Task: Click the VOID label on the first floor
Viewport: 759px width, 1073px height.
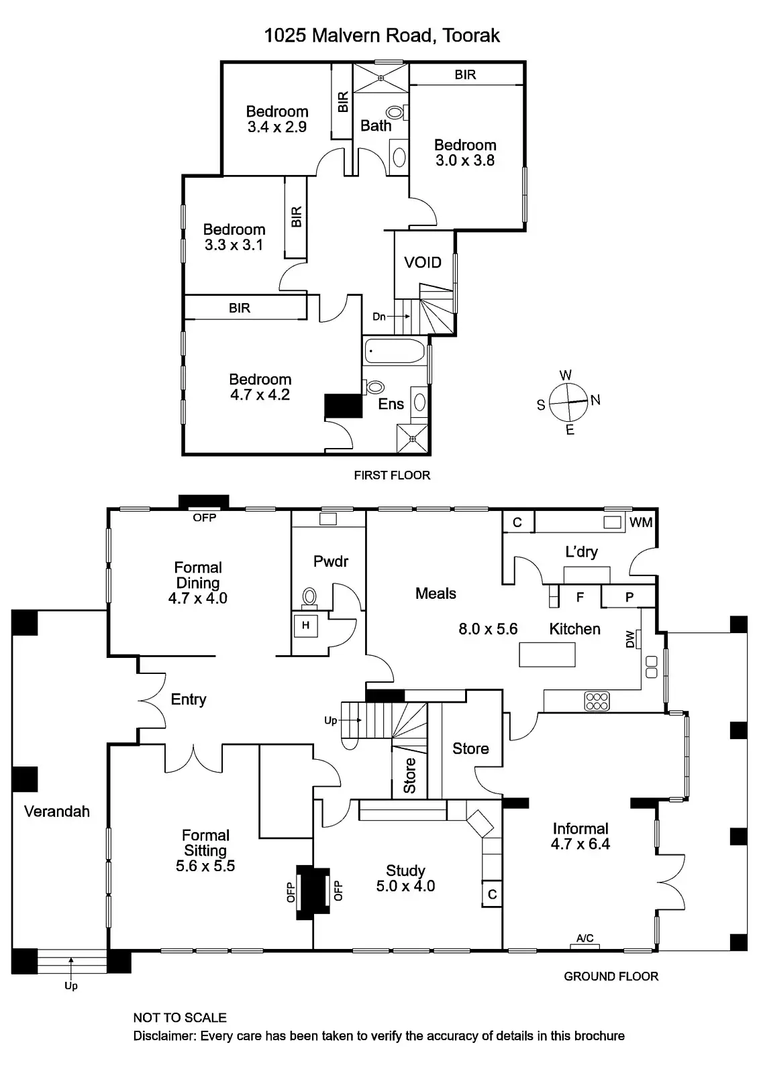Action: click(423, 262)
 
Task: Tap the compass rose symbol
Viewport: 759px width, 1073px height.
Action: click(568, 402)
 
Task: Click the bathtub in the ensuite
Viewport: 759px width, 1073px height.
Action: click(395, 351)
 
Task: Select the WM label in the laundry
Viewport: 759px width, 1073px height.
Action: click(641, 522)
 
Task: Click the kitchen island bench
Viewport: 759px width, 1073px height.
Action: click(547, 654)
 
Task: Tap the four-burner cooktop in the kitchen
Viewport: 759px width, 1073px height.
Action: click(597, 701)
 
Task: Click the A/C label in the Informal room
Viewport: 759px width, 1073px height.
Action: click(585, 938)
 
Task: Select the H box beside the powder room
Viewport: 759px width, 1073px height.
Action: click(305, 625)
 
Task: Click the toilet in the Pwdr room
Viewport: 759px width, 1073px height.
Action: click(310, 596)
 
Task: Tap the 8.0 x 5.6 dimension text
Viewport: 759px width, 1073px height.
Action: click(488, 629)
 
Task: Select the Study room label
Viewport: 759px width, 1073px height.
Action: click(405, 870)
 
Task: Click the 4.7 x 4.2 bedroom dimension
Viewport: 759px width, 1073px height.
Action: click(260, 395)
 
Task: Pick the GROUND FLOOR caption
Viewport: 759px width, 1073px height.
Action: click(611, 976)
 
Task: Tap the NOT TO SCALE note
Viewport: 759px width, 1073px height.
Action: click(180, 1017)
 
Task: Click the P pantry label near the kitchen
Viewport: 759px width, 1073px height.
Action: click(629, 597)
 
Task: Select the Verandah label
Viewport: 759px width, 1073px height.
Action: click(57, 811)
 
